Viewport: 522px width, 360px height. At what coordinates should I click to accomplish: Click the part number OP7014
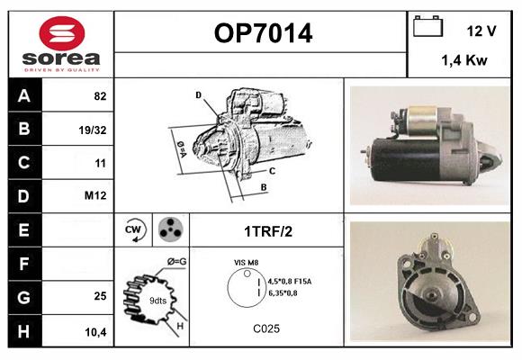pos(263,33)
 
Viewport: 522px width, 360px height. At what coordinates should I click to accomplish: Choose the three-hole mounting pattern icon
pos(169,229)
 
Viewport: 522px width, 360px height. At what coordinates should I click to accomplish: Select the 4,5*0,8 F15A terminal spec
pos(290,280)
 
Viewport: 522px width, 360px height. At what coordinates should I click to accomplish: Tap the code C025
pos(266,329)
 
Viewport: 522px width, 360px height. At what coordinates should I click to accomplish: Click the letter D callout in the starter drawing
pos(198,94)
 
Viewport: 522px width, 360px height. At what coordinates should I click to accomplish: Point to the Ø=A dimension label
pos(178,145)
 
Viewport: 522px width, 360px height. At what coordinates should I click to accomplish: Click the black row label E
pos(25,229)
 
